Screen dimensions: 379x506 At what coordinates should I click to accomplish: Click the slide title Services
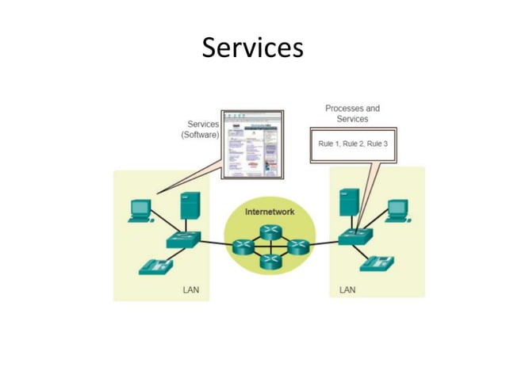click(x=252, y=48)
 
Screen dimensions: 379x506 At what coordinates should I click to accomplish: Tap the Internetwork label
click(x=269, y=212)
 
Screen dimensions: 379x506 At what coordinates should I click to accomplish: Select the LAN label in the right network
click(x=347, y=289)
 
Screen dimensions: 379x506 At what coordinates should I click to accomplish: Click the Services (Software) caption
click(x=201, y=129)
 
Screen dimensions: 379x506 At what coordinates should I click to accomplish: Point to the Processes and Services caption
click(x=352, y=113)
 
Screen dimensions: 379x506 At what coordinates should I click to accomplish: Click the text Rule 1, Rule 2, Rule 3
click(x=353, y=144)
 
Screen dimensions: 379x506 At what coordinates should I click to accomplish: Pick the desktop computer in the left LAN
click(x=140, y=209)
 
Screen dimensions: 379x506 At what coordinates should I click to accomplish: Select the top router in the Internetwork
click(x=270, y=231)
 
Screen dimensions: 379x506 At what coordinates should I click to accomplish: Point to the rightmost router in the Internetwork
click(x=298, y=247)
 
